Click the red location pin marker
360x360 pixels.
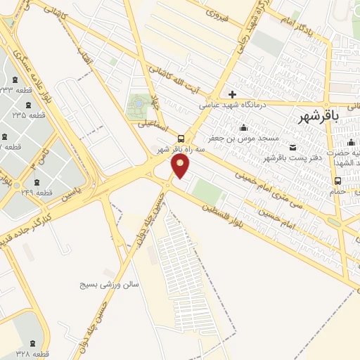point(181,167)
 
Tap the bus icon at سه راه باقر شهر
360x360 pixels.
point(182,139)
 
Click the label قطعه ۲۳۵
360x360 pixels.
point(29,115)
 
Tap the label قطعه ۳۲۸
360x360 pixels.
point(32,354)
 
